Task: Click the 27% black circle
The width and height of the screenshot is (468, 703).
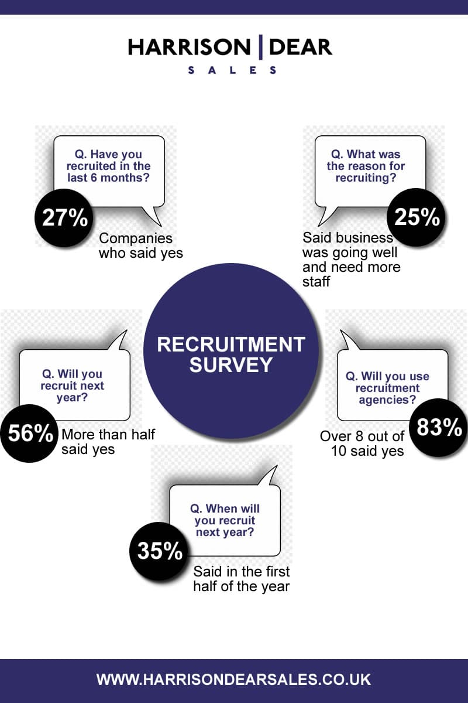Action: [x=64, y=217]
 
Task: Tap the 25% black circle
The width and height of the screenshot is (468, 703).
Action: [x=417, y=217]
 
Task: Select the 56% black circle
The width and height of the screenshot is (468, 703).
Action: [x=29, y=433]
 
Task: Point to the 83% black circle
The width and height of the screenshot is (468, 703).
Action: [x=439, y=428]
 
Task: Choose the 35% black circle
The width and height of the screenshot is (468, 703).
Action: [x=159, y=551]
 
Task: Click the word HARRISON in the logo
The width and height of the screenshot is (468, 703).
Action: [x=190, y=47]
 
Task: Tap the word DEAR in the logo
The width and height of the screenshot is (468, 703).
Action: [x=300, y=47]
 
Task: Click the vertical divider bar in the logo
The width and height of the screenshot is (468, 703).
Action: [x=260, y=47]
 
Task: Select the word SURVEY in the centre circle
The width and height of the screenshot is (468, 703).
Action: [x=231, y=364]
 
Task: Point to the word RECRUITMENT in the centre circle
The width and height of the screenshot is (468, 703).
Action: [x=231, y=344]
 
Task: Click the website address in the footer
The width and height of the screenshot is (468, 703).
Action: [x=234, y=679]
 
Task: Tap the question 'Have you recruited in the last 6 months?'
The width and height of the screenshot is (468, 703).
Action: [x=108, y=166]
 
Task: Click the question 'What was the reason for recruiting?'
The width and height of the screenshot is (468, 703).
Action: [x=366, y=166]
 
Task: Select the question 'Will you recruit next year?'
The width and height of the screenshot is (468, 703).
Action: [x=72, y=385]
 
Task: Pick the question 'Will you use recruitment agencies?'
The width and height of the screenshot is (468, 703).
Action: [x=387, y=388]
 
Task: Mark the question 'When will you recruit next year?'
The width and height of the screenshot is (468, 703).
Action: [x=225, y=520]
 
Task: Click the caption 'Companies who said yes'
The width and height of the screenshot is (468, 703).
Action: [x=141, y=245]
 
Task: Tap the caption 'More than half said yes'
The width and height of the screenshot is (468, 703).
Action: [x=108, y=442]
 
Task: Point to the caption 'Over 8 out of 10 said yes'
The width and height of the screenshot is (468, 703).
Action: [x=362, y=444]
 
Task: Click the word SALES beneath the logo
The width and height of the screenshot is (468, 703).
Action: [x=232, y=70]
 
